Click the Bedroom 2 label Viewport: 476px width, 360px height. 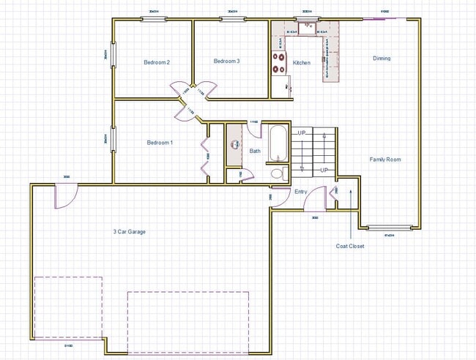click(x=157, y=62)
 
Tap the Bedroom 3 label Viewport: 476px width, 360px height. click(x=226, y=61)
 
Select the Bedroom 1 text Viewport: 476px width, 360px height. click(x=160, y=142)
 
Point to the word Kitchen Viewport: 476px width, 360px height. click(x=302, y=63)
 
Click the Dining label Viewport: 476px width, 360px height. click(x=382, y=59)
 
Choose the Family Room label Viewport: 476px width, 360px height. click(x=384, y=160)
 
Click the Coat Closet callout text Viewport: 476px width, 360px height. click(x=350, y=247)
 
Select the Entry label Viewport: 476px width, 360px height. click(x=301, y=192)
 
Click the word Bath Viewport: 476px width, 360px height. click(x=255, y=151)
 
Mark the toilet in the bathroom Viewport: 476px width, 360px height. click(x=277, y=174)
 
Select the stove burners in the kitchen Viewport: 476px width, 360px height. click(x=279, y=63)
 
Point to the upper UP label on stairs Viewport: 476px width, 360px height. click(x=301, y=132)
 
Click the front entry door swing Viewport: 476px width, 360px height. click(x=317, y=198)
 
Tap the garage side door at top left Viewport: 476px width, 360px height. click(x=64, y=195)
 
